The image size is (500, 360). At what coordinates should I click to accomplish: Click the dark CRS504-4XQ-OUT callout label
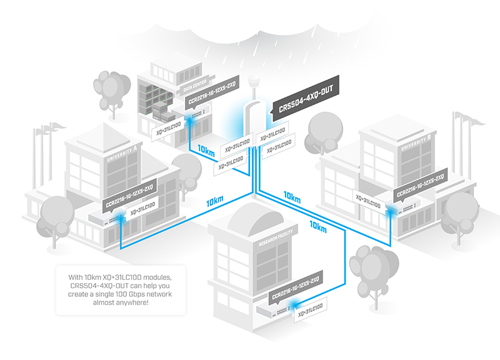tap(305, 99)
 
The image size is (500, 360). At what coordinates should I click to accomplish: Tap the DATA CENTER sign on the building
tap(195, 86)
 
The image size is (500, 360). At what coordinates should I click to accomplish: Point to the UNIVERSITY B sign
tap(416, 142)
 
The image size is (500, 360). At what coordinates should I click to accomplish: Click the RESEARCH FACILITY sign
tap(276, 238)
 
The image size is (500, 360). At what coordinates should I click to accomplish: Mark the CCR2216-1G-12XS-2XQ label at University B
tap(420, 185)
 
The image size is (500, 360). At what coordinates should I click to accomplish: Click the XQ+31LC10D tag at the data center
tap(168, 128)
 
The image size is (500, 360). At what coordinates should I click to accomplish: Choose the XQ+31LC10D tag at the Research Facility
tap(310, 311)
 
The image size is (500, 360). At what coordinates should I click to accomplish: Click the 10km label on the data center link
tap(206, 150)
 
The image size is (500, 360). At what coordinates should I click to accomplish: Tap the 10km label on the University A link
tap(214, 201)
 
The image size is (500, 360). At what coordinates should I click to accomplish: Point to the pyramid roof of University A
tap(104, 134)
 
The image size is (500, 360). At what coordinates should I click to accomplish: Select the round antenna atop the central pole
tap(254, 79)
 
